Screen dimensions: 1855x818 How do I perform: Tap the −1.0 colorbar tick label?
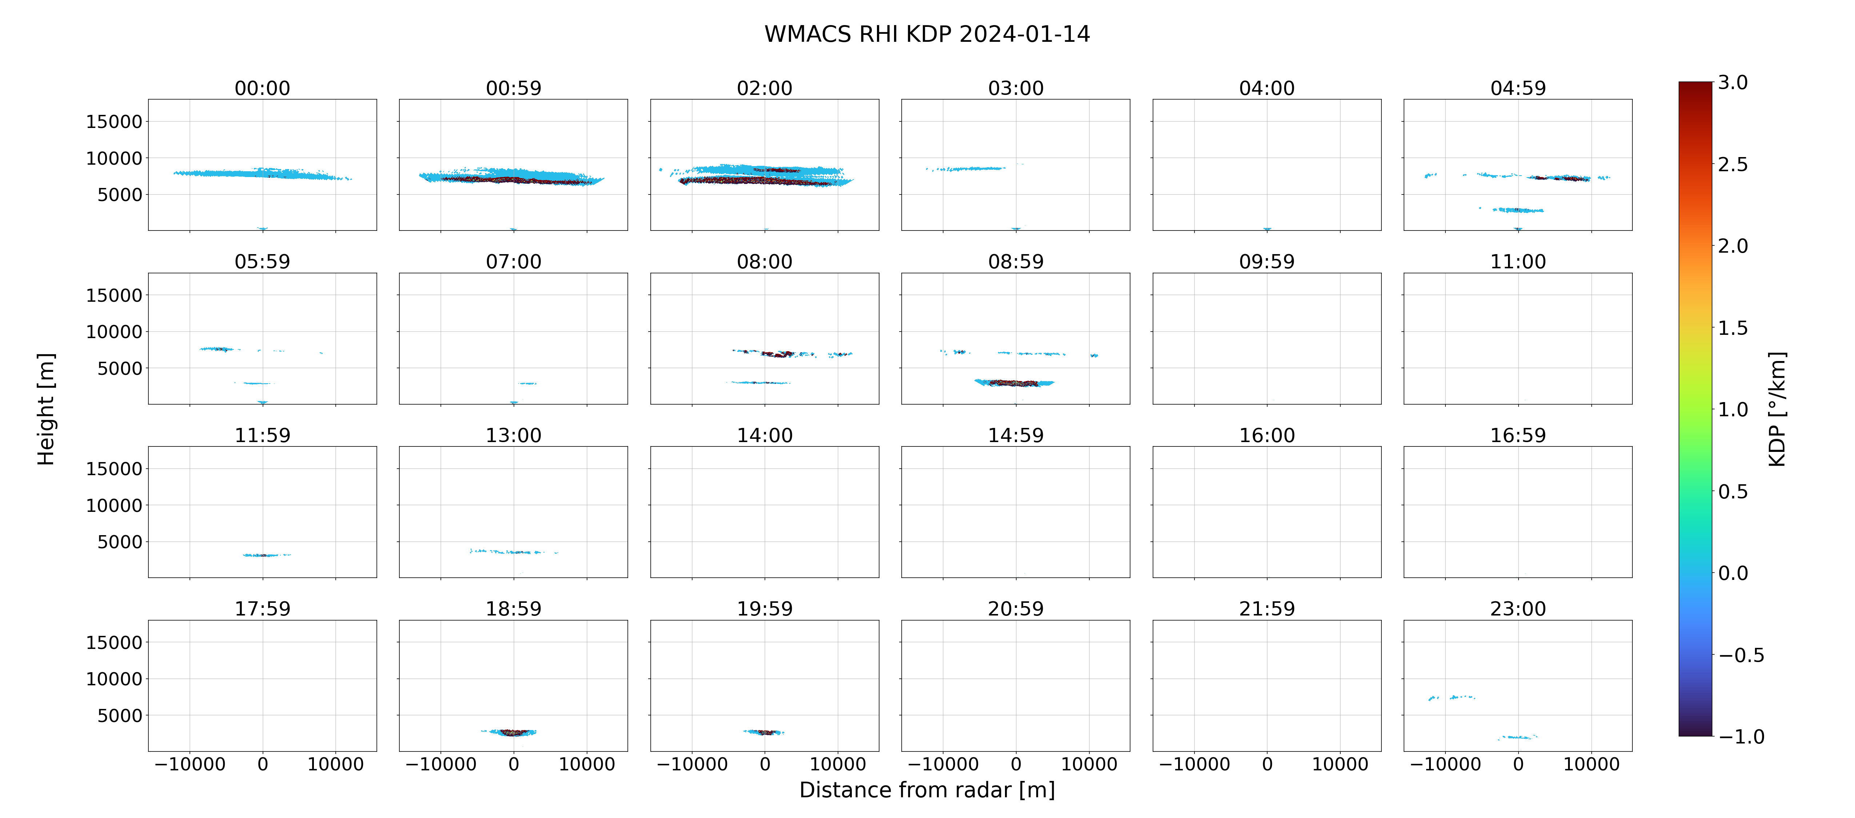coord(1741,737)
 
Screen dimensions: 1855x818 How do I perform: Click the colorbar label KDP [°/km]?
coord(1777,409)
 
